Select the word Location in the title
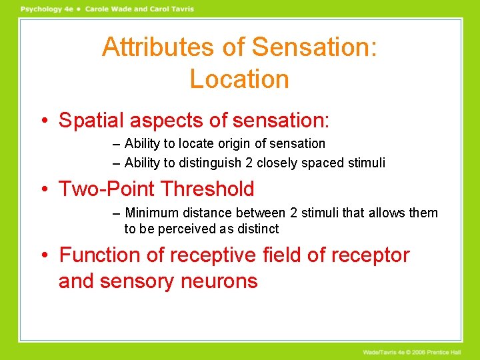tap(239, 79)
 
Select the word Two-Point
tap(106, 189)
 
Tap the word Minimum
tap(151, 213)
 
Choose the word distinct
tap(257, 229)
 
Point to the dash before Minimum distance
tap(117, 213)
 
